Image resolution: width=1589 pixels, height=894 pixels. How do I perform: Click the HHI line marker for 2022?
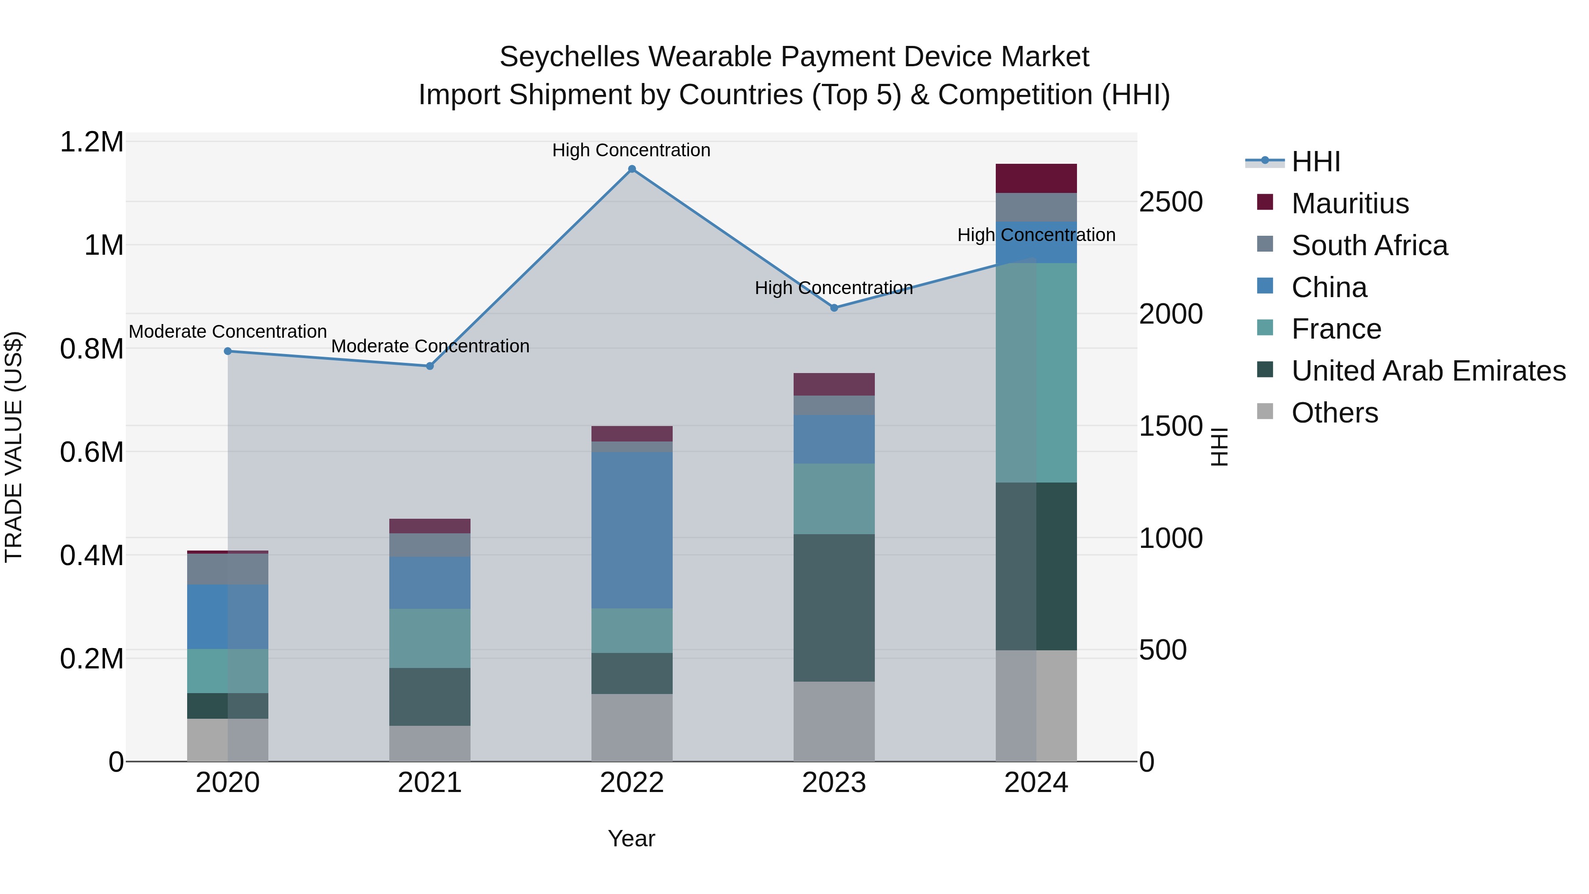coord(632,169)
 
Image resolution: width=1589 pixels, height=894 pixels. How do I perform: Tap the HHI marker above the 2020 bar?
coord(228,351)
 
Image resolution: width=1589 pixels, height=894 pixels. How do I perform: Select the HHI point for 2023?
coord(834,308)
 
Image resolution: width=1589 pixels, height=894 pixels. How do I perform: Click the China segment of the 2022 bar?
coord(632,531)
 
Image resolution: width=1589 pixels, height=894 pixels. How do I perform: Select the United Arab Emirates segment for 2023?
coord(834,608)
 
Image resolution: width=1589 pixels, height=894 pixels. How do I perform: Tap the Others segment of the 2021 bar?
coord(429,743)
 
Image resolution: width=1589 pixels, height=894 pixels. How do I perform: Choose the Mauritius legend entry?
coord(1350,204)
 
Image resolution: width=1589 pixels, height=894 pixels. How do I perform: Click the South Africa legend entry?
coord(1369,245)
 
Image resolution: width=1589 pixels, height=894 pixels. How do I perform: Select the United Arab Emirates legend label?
coord(1428,371)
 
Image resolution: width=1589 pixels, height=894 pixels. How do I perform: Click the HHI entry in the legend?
coord(1315,162)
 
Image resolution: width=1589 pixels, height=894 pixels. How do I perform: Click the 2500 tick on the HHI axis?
coord(1170,202)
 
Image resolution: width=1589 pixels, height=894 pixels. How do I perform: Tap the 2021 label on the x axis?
coord(429,783)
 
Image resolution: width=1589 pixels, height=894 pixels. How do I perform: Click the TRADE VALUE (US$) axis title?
coord(14,447)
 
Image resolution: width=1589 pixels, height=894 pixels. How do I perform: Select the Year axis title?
coord(631,838)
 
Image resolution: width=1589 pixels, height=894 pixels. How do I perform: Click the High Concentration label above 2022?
coord(631,150)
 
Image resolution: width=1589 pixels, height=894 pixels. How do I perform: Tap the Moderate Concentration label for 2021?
coord(430,346)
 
